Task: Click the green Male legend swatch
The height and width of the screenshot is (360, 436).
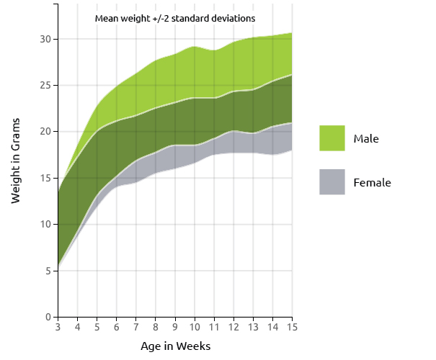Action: [x=332, y=138]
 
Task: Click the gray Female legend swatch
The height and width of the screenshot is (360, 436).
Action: [x=332, y=182]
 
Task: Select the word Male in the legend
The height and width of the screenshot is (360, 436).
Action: [x=366, y=138]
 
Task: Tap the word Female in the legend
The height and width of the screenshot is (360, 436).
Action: [x=372, y=183]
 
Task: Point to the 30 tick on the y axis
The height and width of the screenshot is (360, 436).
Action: [x=44, y=39]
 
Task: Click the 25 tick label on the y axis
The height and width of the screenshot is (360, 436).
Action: [x=44, y=85]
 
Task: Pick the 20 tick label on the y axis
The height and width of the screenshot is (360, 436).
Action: [x=44, y=132]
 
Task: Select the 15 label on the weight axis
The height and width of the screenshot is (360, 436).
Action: [x=44, y=178]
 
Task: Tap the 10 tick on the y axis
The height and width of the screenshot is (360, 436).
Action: [x=44, y=225]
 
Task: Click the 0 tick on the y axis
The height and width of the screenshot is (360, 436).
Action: [x=47, y=317]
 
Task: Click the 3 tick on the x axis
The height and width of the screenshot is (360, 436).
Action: [x=58, y=328]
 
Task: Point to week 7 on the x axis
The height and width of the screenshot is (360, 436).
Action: [x=135, y=328]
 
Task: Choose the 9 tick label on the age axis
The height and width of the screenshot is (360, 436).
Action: [x=175, y=328]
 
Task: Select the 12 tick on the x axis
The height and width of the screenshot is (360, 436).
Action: [x=233, y=328]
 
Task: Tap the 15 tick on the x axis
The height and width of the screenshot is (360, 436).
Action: [x=292, y=328]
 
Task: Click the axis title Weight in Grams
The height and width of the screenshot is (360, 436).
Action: [x=16, y=160]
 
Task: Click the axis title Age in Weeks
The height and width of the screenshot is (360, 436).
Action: [x=175, y=346]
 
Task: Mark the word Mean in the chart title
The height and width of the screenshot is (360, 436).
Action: [x=107, y=18]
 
